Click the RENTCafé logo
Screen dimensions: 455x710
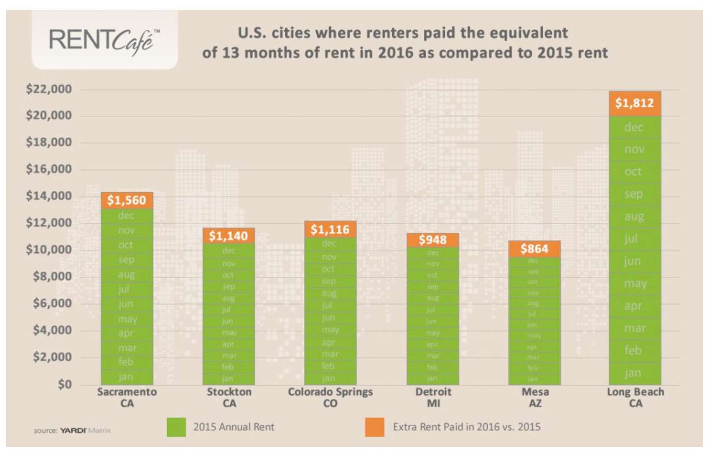click(105, 41)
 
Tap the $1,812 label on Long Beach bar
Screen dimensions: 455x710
click(635, 103)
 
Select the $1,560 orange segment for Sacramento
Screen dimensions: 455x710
click(127, 201)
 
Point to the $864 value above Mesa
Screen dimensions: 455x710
click(534, 249)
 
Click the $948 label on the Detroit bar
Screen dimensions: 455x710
click(432, 240)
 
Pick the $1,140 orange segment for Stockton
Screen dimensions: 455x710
click(228, 236)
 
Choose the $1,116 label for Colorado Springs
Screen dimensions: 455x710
click(330, 230)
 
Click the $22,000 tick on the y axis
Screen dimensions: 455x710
click(49, 90)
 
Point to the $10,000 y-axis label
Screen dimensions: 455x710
click(49, 250)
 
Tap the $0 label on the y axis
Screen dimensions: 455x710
click(64, 384)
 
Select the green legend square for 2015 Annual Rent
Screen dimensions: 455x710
click(176, 427)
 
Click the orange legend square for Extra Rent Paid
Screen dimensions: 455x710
click(374, 427)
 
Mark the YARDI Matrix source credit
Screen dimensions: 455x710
click(73, 430)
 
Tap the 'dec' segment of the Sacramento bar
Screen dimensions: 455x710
click(126, 216)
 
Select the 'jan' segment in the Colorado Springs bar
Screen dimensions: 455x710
click(329, 378)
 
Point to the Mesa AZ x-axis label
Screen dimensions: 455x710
click(535, 398)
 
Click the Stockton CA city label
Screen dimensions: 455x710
click(229, 398)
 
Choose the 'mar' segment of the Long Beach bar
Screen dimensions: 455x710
click(635, 328)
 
